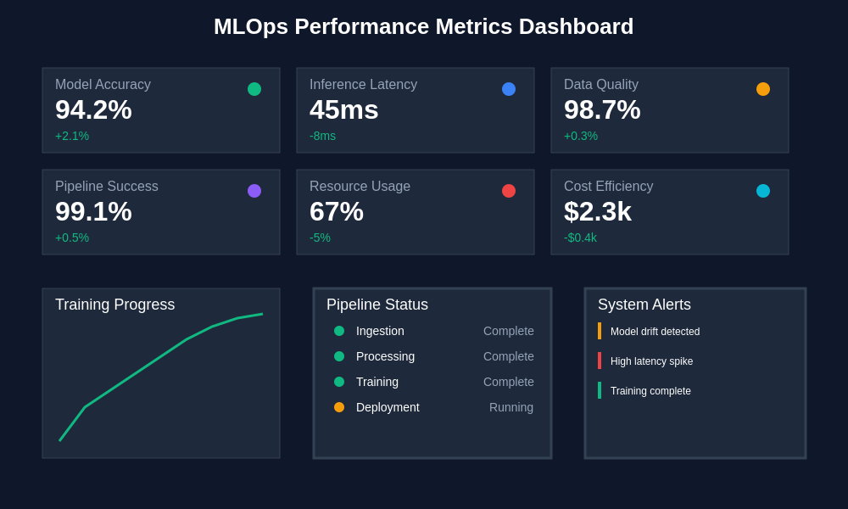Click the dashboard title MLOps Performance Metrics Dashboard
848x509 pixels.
click(x=423, y=26)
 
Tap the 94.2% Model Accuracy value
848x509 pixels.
click(x=93, y=109)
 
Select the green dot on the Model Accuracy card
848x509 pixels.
click(x=254, y=89)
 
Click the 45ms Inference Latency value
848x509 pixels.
click(x=343, y=109)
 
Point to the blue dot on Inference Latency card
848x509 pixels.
click(x=509, y=89)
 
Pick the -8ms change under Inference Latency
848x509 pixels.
click(x=322, y=136)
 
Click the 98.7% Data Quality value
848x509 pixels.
click(x=602, y=109)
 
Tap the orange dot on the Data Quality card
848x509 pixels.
click(x=763, y=89)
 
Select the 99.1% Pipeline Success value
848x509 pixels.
click(x=93, y=211)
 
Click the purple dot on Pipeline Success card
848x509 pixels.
click(x=254, y=191)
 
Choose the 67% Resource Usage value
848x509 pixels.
click(x=336, y=211)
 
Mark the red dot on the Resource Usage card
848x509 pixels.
click(x=509, y=191)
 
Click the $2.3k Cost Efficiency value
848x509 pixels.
click(x=597, y=211)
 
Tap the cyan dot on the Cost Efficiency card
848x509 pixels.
click(x=763, y=191)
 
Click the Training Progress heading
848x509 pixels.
click(x=114, y=305)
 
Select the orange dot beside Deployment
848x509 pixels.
click(x=339, y=407)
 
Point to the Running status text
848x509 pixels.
click(x=511, y=407)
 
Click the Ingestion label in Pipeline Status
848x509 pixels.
click(x=380, y=331)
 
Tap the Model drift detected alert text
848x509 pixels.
click(x=655, y=332)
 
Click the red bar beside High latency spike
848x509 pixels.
click(x=600, y=361)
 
